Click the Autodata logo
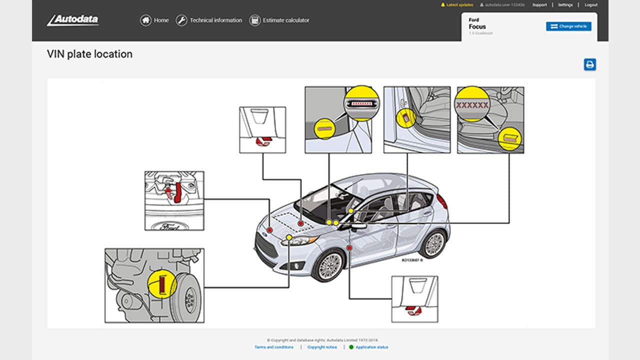pos(73,20)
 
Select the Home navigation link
pos(154,20)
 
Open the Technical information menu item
pos(209,20)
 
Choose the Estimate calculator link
pos(279,20)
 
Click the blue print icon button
pos(590,64)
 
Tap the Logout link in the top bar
pos(590,5)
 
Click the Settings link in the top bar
pos(565,5)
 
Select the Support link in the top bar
pos(539,5)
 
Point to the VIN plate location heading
pos(89,54)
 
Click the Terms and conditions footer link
pos(274,347)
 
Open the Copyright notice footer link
pos(322,347)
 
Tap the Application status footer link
pos(371,347)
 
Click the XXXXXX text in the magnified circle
pos(471,105)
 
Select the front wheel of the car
pos(329,264)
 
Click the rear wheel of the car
pos(433,243)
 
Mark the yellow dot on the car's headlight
pos(289,237)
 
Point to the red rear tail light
pos(442,201)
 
